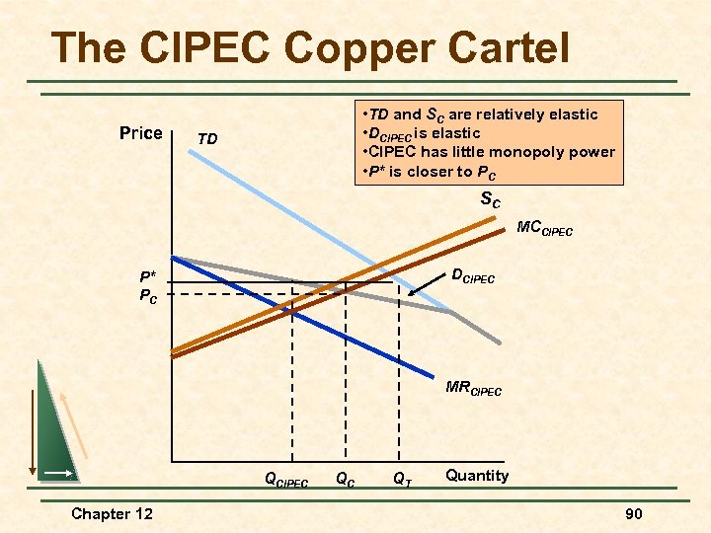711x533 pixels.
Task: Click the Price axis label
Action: pos(140,132)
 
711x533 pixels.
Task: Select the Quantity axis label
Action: pos(477,476)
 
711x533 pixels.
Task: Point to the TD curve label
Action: pos(207,139)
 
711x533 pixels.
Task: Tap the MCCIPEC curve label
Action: pos(544,229)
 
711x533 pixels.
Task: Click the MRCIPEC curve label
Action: pos(473,388)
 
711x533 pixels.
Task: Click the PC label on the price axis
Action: pos(147,294)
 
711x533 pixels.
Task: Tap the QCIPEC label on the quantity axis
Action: pos(286,481)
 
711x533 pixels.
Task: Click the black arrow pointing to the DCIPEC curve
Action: pos(426,285)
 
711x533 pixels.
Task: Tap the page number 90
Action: pos(632,514)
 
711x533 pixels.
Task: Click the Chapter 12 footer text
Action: pos(113,513)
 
